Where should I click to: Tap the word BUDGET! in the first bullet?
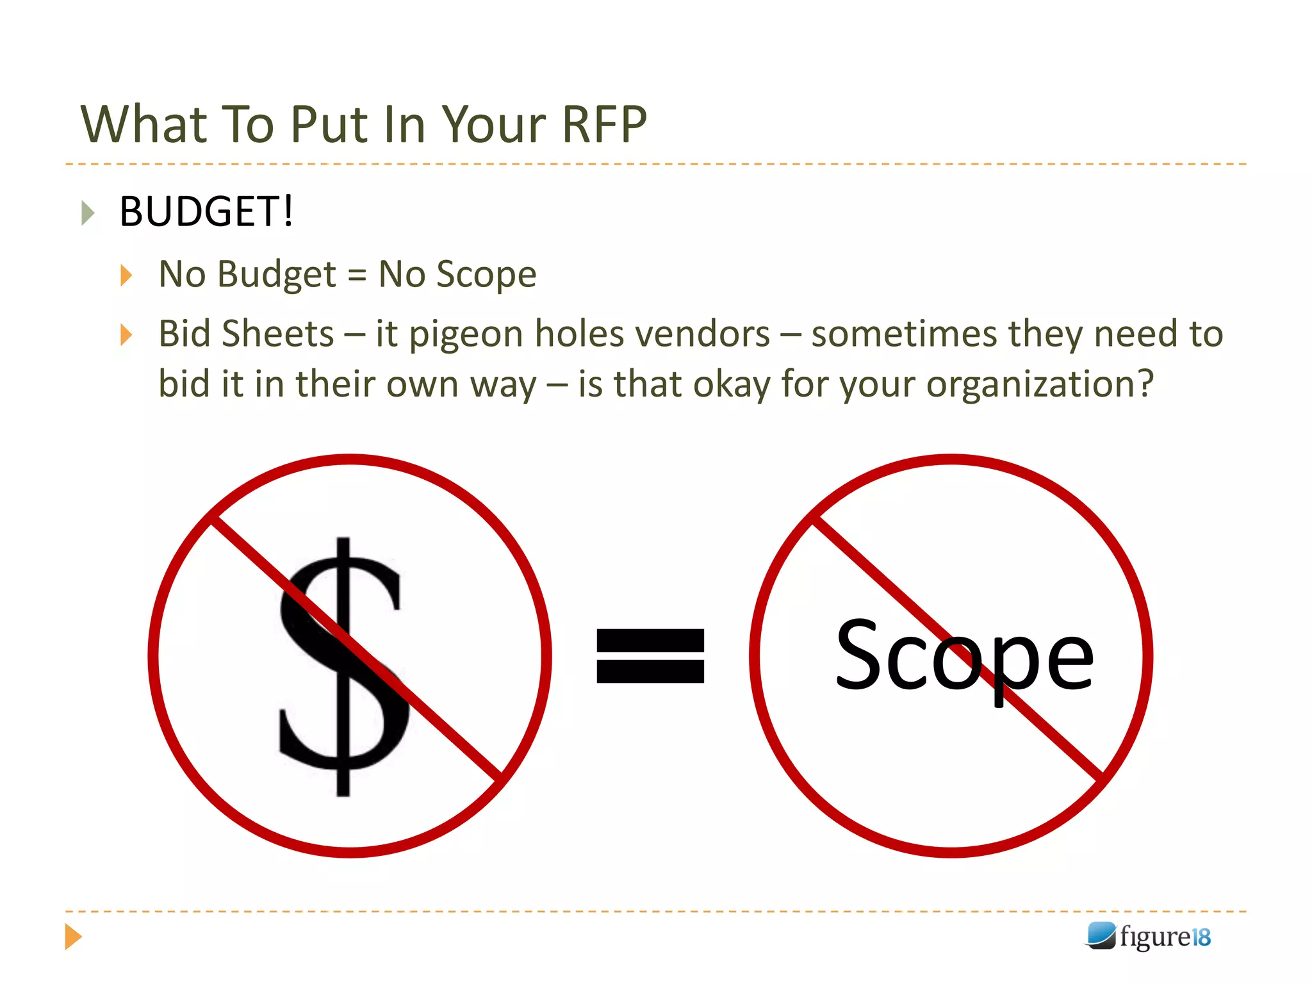point(206,212)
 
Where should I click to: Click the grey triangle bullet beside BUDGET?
point(88,213)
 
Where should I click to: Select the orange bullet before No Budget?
point(126,275)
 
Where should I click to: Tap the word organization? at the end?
point(1040,385)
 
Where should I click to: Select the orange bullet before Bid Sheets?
point(126,334)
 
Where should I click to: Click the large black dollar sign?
point(343,666)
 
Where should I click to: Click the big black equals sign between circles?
point(650,656)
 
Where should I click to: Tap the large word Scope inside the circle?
point(964,657)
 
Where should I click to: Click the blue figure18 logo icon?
point(1101,936)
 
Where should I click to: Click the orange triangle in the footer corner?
point(73,937)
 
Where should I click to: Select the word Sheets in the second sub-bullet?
point(277,334)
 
